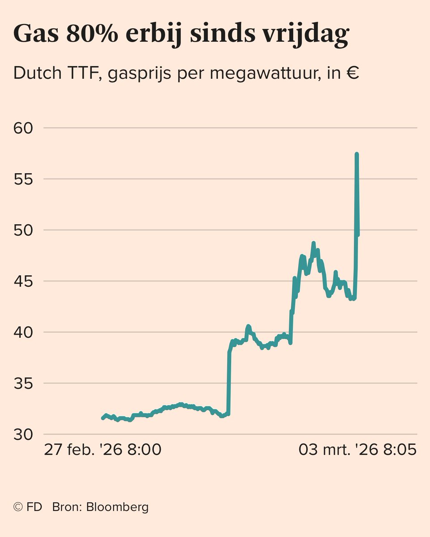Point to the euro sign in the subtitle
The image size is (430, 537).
[352, 73]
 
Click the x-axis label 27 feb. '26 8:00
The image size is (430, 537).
[102, 450]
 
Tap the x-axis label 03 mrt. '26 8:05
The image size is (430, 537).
[358, 450]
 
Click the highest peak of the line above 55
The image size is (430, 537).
[357, 154]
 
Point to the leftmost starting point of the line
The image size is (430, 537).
[103, 418]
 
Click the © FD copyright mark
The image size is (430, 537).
[28, 507]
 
